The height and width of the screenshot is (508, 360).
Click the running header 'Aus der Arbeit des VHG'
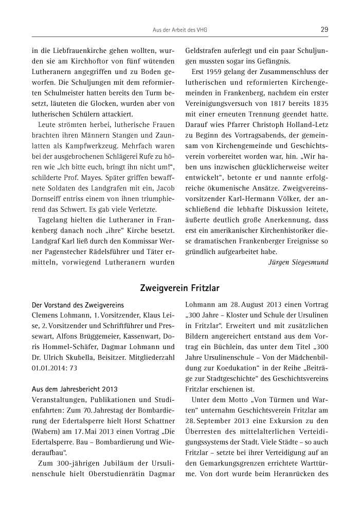tap(179, 30)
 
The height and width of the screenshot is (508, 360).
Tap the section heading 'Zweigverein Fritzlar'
tap(179, 288)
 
